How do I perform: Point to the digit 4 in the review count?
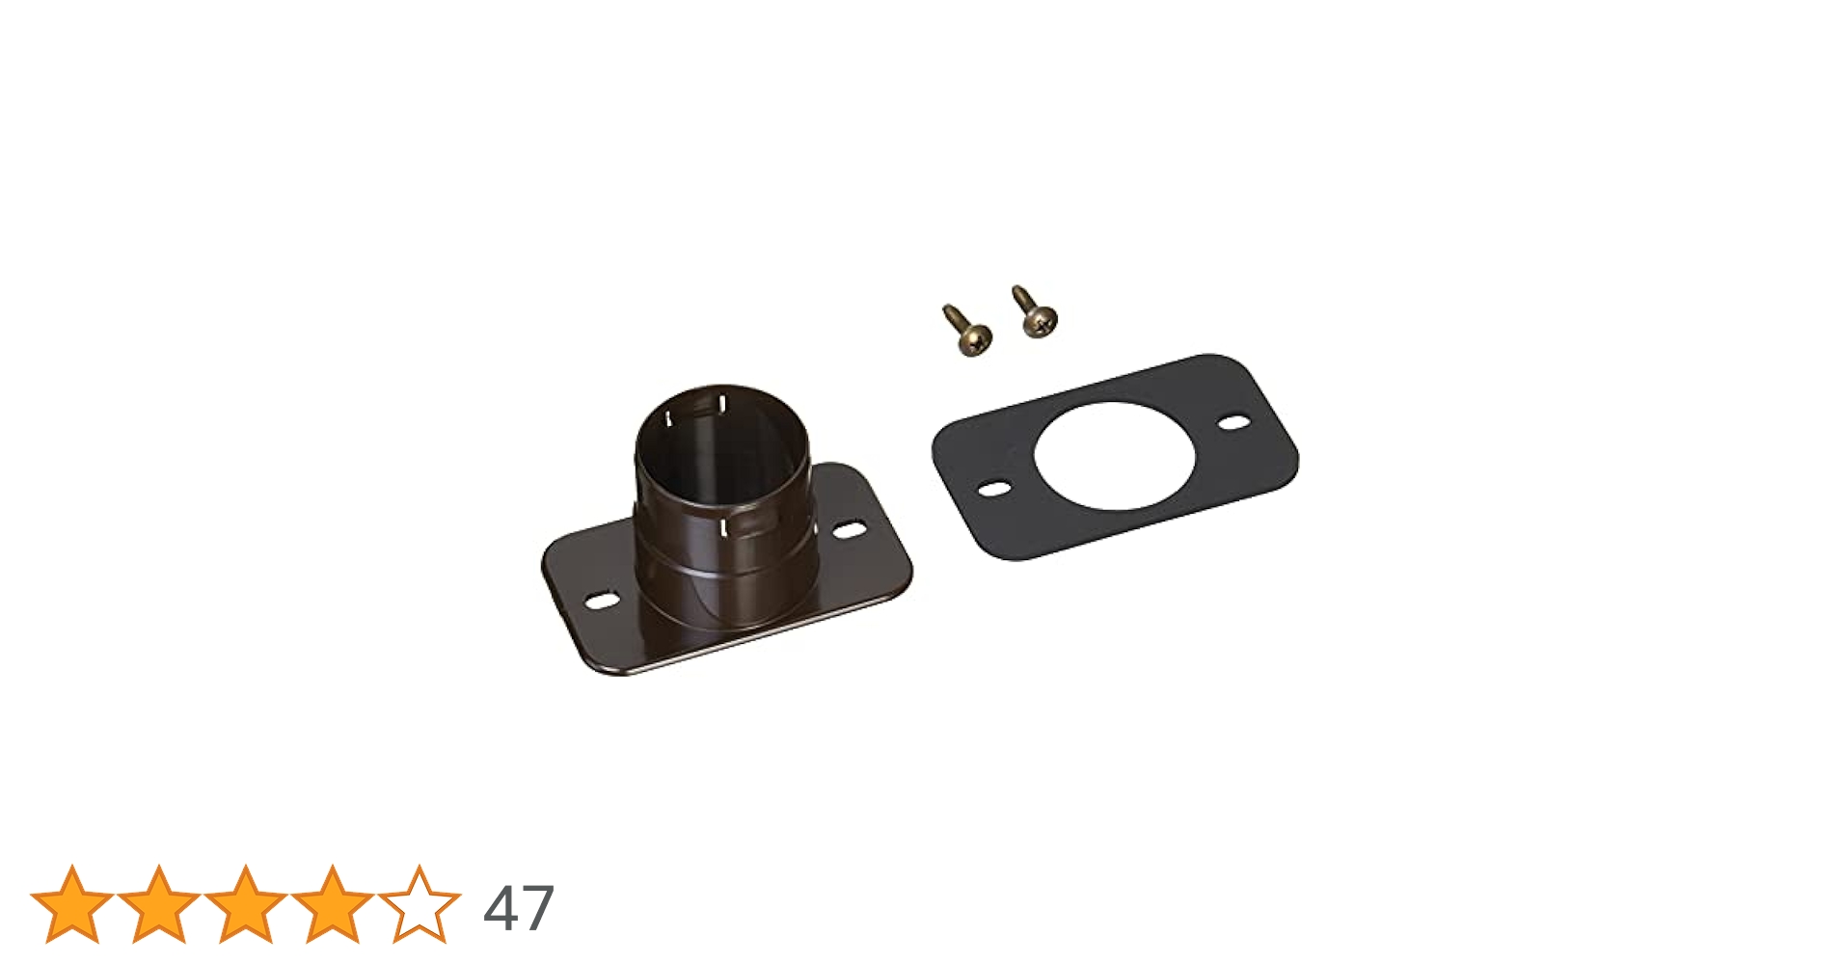501,909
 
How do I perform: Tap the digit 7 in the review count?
536,909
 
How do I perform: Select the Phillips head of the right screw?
1040,319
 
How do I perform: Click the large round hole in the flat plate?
1114,456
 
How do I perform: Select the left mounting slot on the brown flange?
603,601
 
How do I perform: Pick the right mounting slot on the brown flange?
849,530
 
